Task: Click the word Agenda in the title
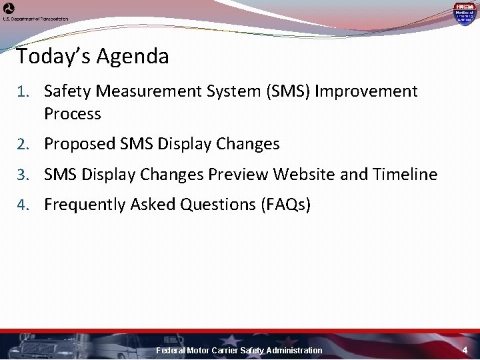click(133, 57)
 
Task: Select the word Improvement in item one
click(366, 91)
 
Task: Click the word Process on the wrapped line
click(72, 114)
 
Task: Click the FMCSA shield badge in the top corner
click(463, 13)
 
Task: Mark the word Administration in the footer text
click(294, 350)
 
